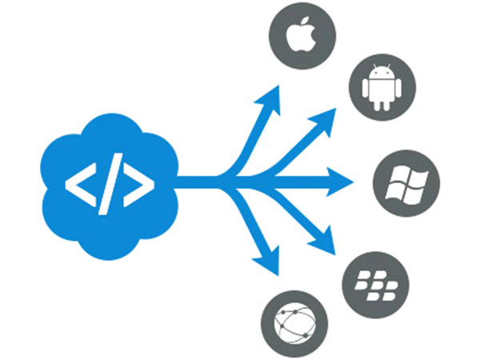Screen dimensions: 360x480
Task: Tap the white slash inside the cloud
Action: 109,186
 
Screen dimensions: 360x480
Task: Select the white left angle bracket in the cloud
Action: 78,186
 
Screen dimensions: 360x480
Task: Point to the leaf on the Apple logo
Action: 305,23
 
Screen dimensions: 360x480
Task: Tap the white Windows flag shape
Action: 406,183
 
